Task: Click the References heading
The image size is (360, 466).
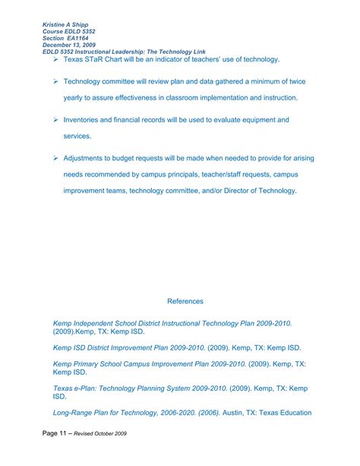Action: point(185,301)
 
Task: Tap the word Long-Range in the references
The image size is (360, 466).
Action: point(75,413)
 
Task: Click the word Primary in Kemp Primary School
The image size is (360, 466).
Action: point(90,363)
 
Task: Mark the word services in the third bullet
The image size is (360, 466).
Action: point(77,136)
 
